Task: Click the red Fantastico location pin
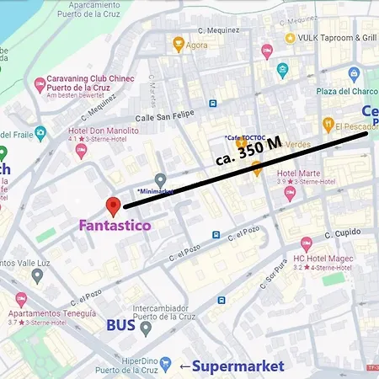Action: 114,206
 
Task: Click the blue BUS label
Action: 121,326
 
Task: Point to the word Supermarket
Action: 238,366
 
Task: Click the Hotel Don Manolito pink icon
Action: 82,151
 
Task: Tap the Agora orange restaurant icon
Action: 178,44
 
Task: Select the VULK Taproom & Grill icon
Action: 290,39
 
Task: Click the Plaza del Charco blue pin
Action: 354,74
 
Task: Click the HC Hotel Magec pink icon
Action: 307,243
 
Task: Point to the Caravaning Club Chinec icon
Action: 40,84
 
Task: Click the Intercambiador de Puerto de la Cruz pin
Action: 146,328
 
